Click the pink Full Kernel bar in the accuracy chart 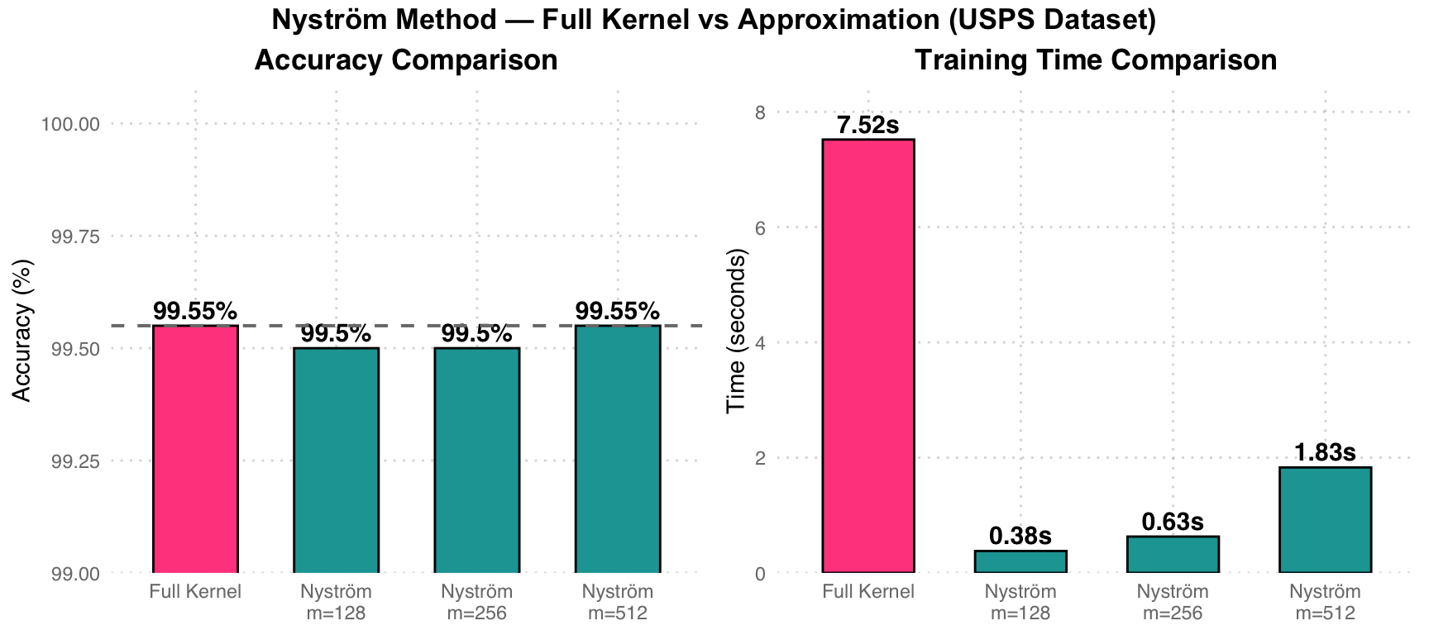pos(195,449)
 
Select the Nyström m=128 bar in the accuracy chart pos(336,461)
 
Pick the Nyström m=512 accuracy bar pos(618,449)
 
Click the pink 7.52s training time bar pos(868,356)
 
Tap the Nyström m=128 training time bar pos(1020,561)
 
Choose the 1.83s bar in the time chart pos(1325,520)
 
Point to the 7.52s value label pos(868,126)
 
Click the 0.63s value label pos(1173,523)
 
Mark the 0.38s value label pos(1020,537)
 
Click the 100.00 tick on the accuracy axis pos(70,124)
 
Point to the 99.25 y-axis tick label pos(76,461)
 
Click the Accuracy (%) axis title pos(23,331)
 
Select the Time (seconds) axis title pos(735,331)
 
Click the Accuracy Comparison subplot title pos(406,60)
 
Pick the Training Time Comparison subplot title pos(1096,60)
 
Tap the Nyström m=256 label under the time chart pos(1173,602)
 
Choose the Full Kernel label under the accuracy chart pos(195,592)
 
